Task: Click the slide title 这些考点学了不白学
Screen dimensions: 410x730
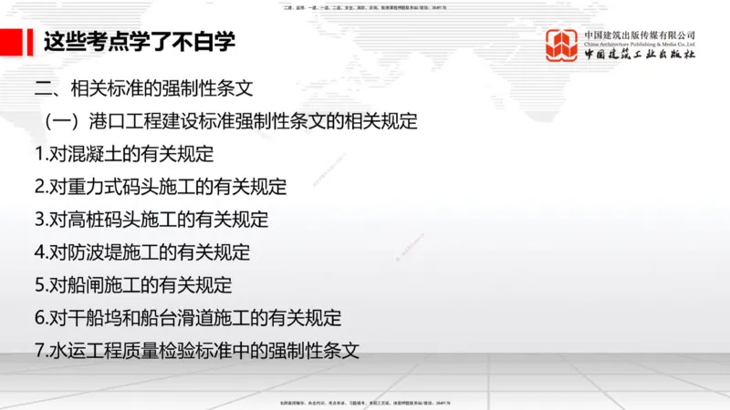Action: pos(140,41)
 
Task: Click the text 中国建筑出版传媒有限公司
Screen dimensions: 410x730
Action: pos(639,35)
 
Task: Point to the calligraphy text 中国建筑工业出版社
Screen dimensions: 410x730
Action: pos(640,55)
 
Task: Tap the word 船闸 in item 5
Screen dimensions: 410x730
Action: pos(86,285)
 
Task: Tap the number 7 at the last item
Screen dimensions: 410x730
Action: pos(39,350)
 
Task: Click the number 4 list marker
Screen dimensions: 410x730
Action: pos(39,252)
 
